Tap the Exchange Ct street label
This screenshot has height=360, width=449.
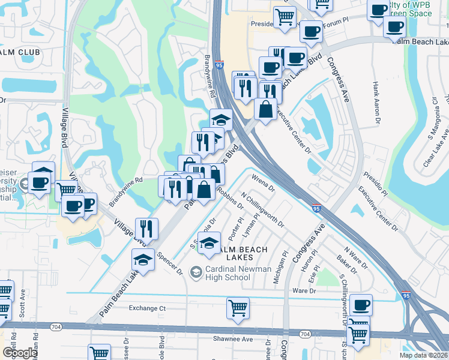tap(147, 308)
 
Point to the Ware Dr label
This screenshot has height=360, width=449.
tap(304, 290)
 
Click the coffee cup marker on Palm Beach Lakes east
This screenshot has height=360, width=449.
tap(394, 26)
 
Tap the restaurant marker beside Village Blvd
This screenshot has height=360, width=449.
tap(146, 227)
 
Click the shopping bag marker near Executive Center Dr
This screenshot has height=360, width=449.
tap(265, 109)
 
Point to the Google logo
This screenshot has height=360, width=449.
tap(20, 353)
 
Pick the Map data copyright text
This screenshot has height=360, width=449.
tap(423, 355)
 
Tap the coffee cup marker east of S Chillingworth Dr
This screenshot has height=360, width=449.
tap(361, 304)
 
